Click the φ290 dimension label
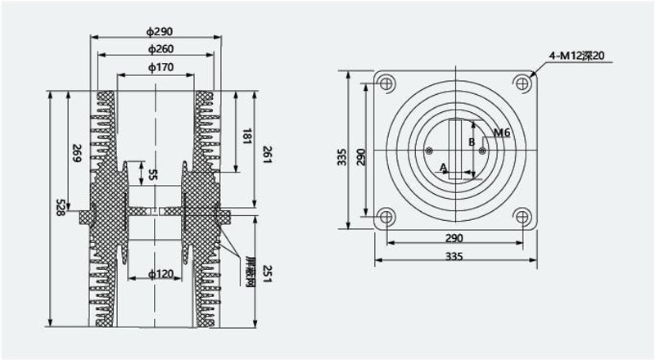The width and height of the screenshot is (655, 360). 159,31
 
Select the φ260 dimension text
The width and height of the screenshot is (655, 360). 160,49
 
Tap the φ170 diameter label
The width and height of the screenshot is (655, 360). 160,67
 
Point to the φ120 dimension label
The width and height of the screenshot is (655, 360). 160,274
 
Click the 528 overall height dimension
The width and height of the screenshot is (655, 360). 61,208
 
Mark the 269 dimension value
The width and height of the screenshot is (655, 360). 77,153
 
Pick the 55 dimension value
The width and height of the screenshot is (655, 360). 153,174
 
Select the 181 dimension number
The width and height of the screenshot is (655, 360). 246,136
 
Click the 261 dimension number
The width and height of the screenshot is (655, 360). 267,154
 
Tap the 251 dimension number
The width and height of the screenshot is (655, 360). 267,273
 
